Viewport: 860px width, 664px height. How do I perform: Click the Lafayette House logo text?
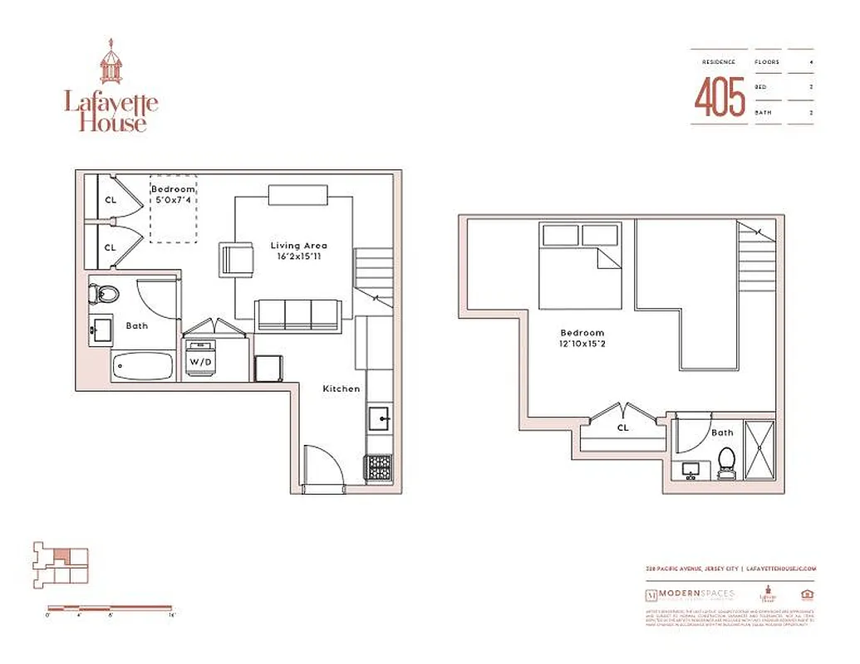pos(111,112)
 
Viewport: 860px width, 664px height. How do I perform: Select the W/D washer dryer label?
pos(199,362)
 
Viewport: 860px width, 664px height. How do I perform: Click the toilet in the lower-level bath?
pos(106,294)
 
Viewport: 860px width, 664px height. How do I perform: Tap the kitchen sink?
pos(378,419)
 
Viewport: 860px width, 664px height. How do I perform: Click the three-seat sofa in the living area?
pos(297,315)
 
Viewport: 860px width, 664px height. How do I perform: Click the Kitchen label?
pos(341,388)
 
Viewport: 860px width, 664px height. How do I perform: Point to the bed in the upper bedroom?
pos(580,265)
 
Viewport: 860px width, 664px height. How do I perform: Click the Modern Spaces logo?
pos(690,594)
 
